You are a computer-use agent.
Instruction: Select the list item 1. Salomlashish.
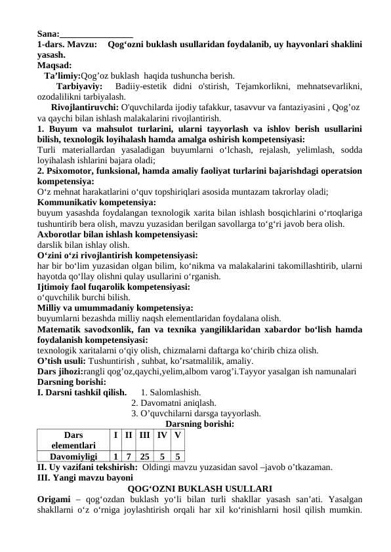tap(167, 393)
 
